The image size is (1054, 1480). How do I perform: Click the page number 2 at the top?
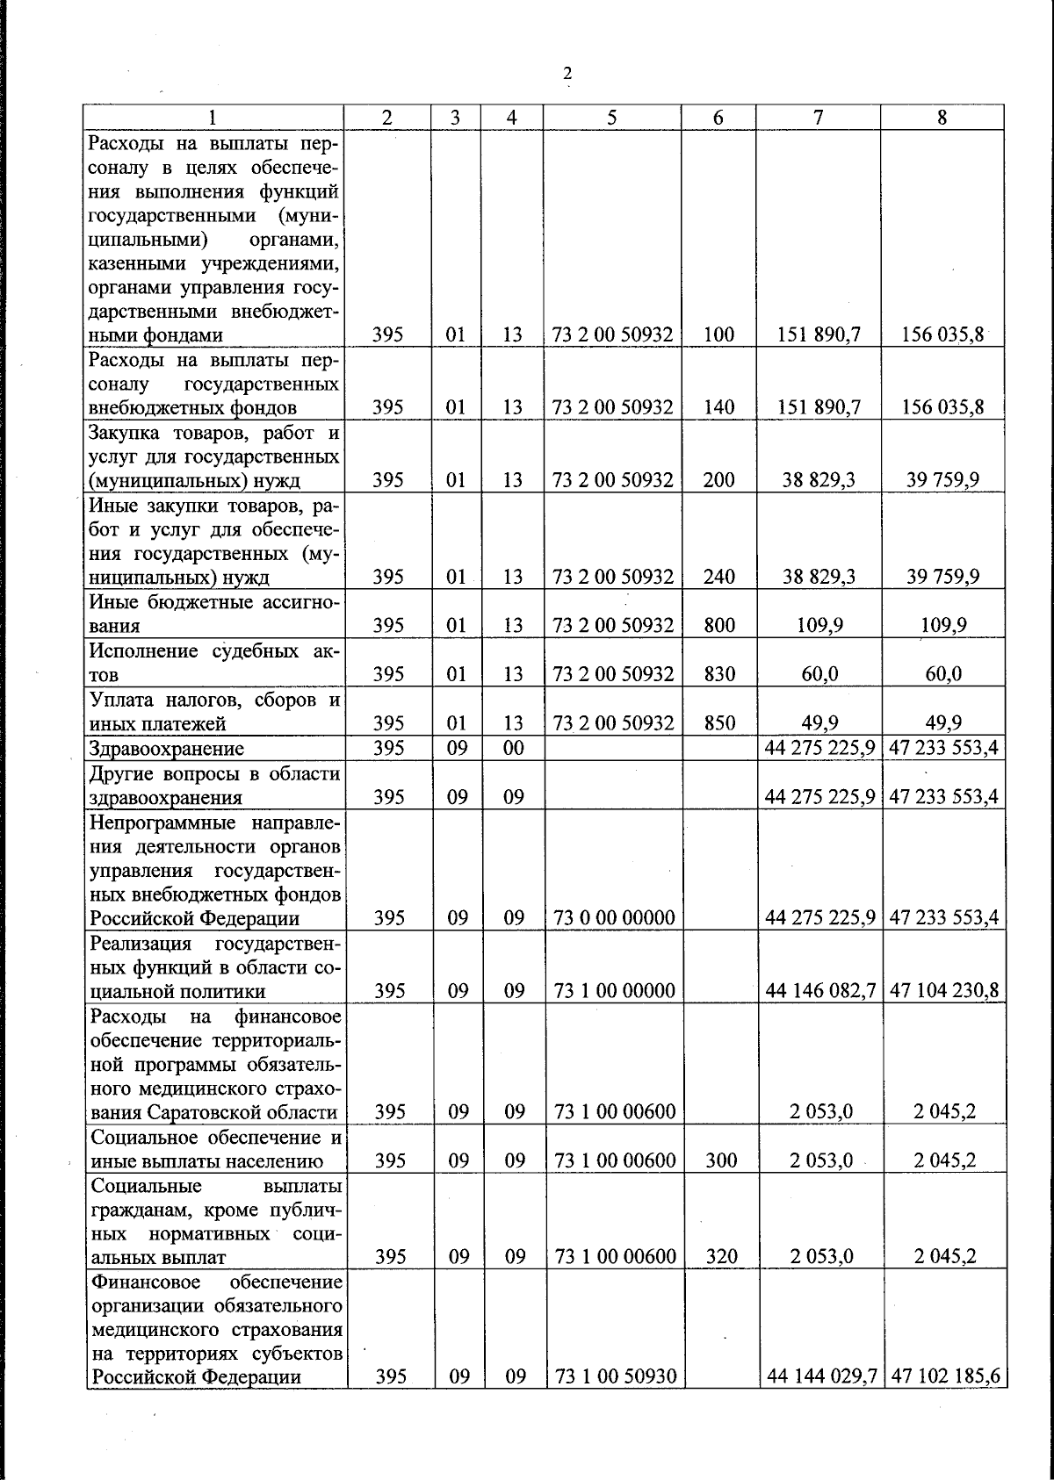tap(567, 73)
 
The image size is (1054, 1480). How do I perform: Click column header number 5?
tap(611, 118)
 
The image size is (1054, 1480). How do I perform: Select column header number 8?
tap(942, 118)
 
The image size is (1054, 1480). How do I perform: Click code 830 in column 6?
tap(719, 674)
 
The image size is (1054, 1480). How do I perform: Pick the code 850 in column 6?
tap(719, 723)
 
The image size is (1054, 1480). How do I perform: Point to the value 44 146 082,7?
tap(819, 991)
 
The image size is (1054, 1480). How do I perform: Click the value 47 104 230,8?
tap(944, 991)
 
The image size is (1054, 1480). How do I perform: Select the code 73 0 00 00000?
tap(614, 918)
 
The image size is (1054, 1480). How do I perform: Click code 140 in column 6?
tap(719, 407)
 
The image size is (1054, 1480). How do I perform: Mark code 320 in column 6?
tap(719, 1257)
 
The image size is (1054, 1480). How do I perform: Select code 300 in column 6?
tap(719, 1160)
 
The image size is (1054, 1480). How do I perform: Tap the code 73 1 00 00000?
tap(614, 991)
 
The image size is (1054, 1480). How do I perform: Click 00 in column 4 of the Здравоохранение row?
tap(513, 749)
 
